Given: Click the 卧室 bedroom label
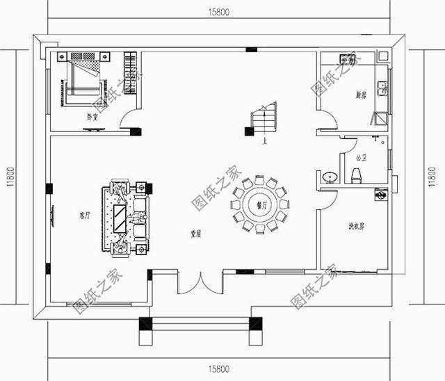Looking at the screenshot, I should click(x=92, y=117).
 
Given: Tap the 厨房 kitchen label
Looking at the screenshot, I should click(x=359, y=94).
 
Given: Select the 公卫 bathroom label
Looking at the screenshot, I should click(x=360, y=158).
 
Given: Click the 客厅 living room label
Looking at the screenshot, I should click(x=86, y=216).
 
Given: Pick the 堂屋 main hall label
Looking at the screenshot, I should click(x=196, y=235).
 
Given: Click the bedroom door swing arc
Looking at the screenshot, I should click(x=129, y=120).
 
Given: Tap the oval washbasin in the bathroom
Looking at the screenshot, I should click(x=331, y=177).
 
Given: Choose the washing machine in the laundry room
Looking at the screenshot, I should click(x=380, y=195).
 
